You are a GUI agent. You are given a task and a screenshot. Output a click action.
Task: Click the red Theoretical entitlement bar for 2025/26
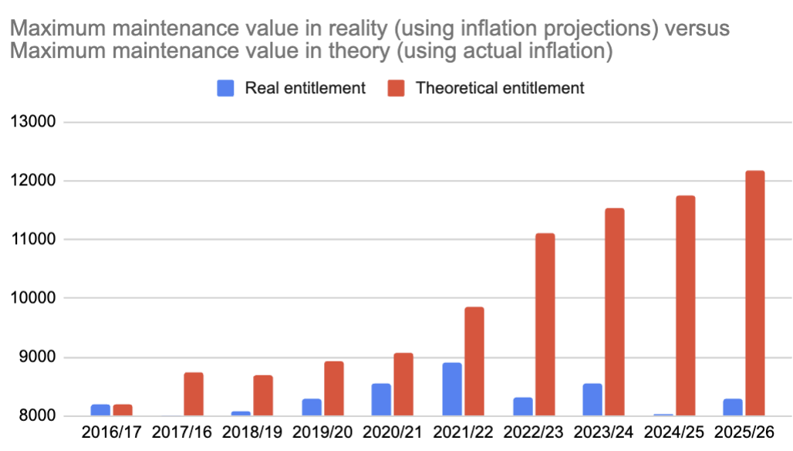click(754, 293)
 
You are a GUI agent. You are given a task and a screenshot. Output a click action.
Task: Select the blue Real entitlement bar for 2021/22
click(453, 389)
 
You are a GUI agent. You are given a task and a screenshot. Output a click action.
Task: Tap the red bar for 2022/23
click(544, 324)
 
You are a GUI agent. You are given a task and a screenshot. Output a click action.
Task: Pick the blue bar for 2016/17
click(100, 410)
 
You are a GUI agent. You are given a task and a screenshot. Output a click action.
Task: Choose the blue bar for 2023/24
click(592, 400)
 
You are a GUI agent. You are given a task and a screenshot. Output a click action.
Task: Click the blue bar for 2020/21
click(382, 400)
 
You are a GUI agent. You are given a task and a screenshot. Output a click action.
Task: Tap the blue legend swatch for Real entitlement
click(225, 88)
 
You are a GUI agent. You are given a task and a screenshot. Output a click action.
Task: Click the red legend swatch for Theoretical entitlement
click(396, 88)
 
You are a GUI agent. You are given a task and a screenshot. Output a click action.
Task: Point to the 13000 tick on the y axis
click(32, 122)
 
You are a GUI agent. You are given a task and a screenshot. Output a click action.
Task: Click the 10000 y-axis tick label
click(32, 298)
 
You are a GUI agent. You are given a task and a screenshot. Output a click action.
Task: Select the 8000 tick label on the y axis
click(36, 416)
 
